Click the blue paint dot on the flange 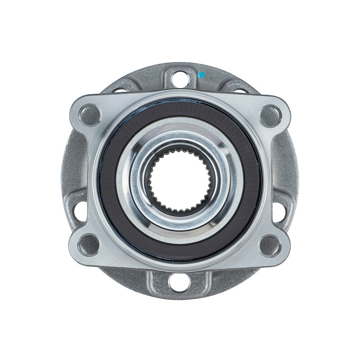pos(201,74)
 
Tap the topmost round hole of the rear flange pos(180,79)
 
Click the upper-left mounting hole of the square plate pos(90,114)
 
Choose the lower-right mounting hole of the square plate pos(270,246)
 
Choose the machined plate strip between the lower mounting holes pos(180,265)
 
